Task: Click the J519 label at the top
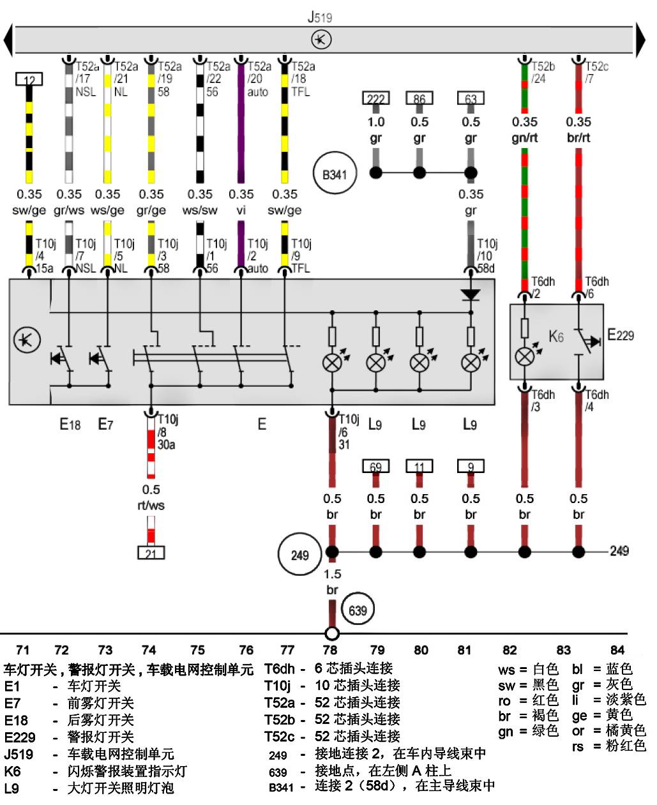tap(320, 17)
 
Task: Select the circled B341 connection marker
tap(335, 174)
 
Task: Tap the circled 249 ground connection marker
tap(299, 555)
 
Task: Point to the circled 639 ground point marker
tap(358, 610)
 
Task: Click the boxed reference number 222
tap(375, 98)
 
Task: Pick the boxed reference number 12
tap(29, 79)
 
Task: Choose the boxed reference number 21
tap(151, 553)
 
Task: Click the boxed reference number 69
tap(375, 467)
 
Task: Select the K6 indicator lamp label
tap(555, 336)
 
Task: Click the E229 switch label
tap(620, 335)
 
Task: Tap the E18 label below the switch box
tap(70, 424)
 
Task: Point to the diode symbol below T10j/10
tap(471, 294)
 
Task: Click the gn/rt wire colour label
tap(524, 138)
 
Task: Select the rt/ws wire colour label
tap(151, 506)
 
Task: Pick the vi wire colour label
tap(241, 210)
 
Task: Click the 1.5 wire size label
tap(332, 574)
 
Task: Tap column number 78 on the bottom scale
tap(330, 650)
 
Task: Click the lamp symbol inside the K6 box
tap(524, 356)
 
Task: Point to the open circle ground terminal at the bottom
tap(332, 633)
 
